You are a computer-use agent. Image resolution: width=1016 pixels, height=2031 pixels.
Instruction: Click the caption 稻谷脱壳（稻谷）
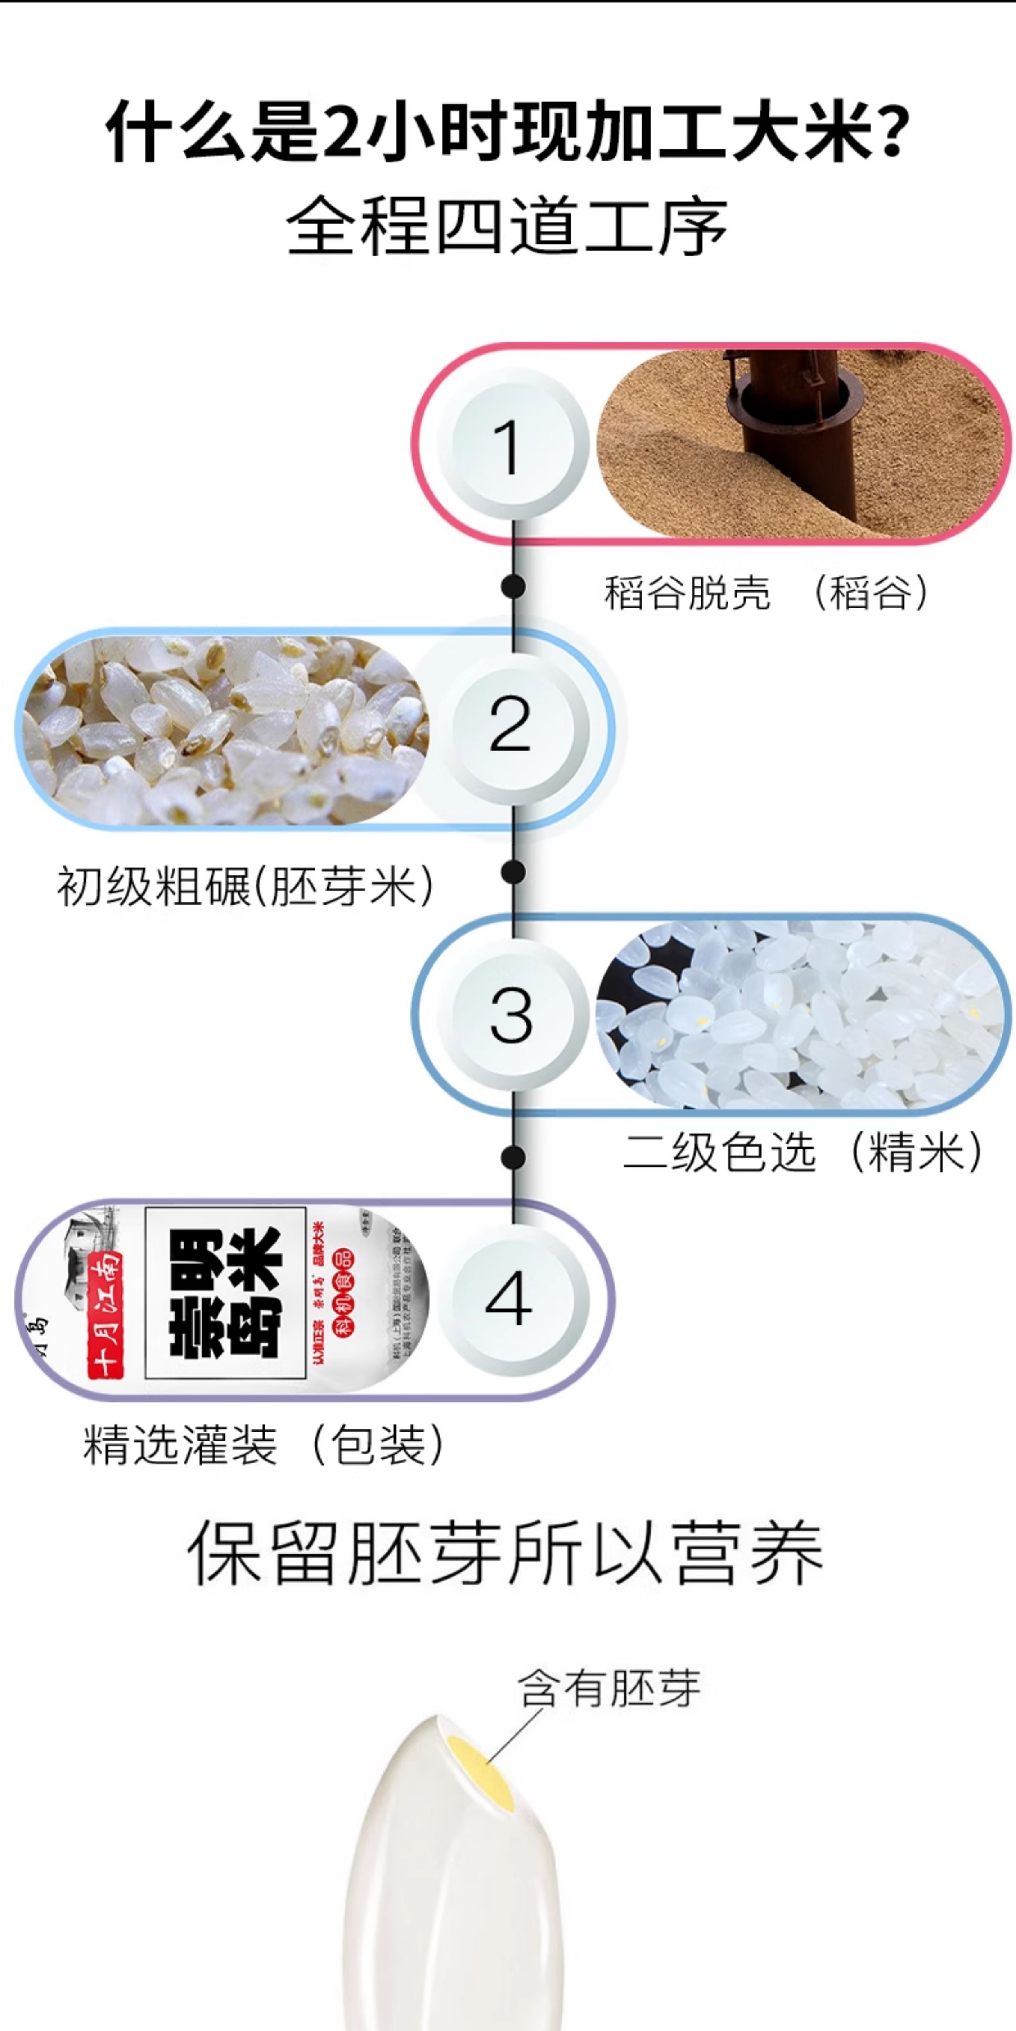click(x=767, y=593)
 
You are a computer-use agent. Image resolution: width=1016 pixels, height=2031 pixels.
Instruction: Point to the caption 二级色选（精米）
click(x=803, y=1153)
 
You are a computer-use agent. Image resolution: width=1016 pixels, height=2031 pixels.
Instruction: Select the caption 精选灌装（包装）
click(x=264, y=1444)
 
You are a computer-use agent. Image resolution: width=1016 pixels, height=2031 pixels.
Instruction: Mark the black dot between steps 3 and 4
click(x=513, y=1157)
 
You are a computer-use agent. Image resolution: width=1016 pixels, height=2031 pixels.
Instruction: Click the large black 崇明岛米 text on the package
click(x=226, y=1293)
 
